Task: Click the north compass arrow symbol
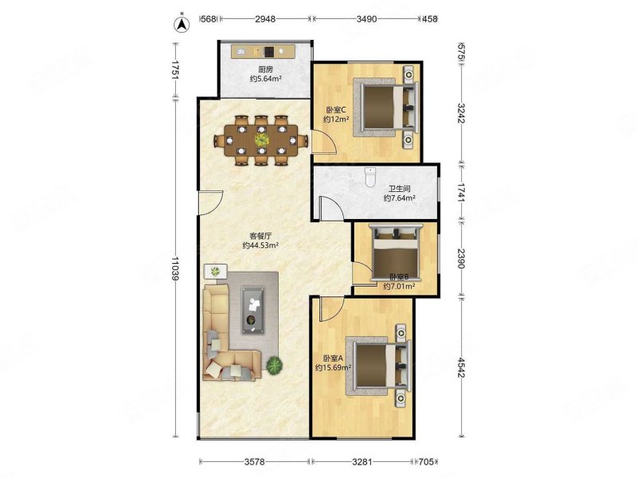[183, 24]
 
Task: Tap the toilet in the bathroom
[369, 178]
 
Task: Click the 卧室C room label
[335, 110]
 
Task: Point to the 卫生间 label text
[399, 189]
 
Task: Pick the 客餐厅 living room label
[260, 236]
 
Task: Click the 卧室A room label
[333, 358]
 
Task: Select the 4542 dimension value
[461, 367]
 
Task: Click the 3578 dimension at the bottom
[255, 461]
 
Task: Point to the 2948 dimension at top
[265, 18]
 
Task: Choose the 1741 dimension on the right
[461, 191]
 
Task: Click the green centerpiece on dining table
[262, 139]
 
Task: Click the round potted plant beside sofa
[275, 365]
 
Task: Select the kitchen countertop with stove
[264, 52]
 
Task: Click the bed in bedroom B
[396, 252]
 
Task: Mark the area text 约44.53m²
[260, 245]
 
